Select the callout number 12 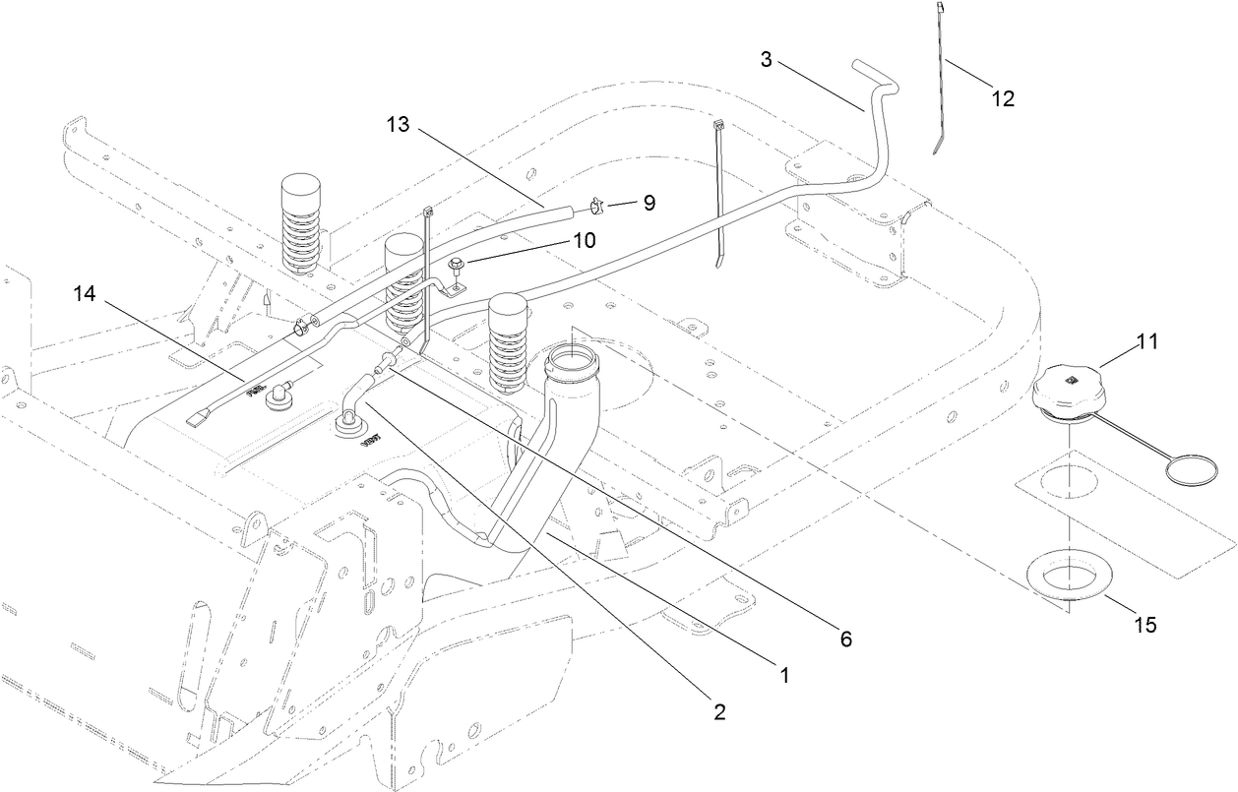tap(1002, 98)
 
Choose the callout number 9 tap(649, 203)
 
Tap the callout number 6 tap(844, 639)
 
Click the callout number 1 tap(784, 676)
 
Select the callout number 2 tap(719, 713)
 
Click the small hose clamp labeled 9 tap(595, 206)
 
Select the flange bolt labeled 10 tap(458, 264)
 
